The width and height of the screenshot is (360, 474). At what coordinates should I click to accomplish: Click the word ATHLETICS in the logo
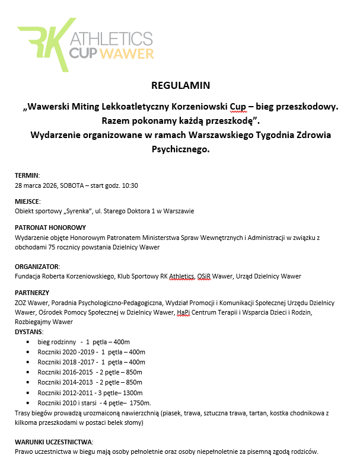pos(112,39)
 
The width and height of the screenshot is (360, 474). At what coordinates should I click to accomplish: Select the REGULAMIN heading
pos(181,85)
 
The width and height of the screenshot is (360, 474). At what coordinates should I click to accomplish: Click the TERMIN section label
pos(27,176)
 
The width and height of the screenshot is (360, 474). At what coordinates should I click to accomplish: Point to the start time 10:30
pos(129,186)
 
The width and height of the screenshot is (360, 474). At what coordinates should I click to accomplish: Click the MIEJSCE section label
pos(28,201)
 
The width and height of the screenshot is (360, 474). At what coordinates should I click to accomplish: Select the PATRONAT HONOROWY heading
pos(50,227)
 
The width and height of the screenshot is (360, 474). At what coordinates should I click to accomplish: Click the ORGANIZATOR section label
pos(37,267)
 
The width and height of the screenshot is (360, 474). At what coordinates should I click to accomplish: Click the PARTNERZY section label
pos(32,292)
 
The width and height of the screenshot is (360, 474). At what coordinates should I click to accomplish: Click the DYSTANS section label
pos(30,332)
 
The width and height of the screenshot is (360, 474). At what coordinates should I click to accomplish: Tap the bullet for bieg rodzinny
pos(31,342)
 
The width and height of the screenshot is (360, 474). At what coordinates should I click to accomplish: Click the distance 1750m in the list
pos(139,403)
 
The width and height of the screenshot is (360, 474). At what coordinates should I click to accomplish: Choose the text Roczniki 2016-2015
pos(64,373)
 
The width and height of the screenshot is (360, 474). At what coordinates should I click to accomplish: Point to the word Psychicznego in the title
pos(180,150)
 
